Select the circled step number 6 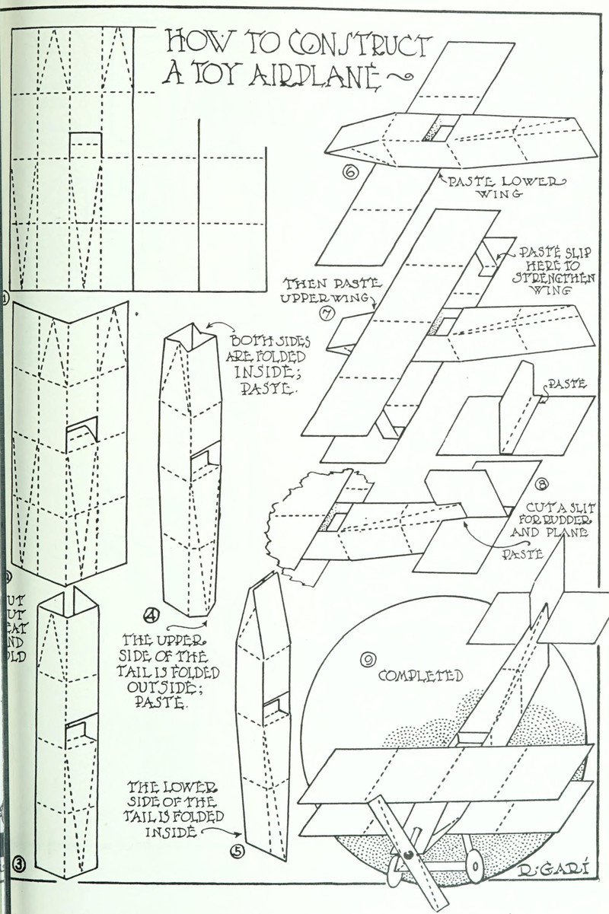tap(351, 173)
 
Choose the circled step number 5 tap(238, 851)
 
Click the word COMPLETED tap(420, 675)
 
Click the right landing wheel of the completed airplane tap(474, 865)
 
